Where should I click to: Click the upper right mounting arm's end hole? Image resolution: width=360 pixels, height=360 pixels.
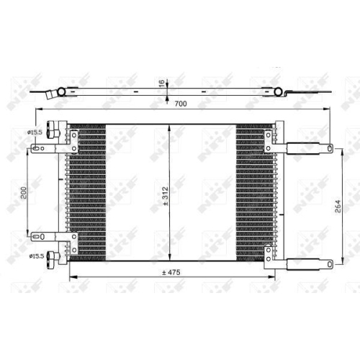(328, 150)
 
